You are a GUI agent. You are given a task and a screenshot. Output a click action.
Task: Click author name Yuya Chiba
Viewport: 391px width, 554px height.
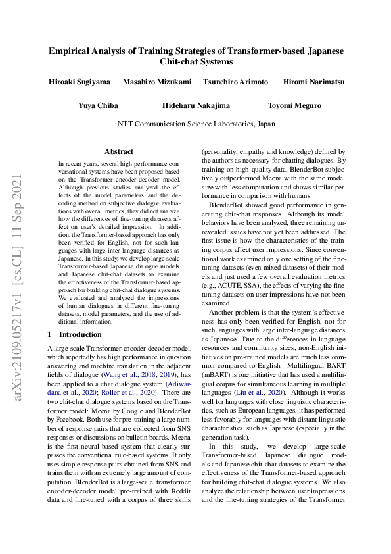pos(98,105)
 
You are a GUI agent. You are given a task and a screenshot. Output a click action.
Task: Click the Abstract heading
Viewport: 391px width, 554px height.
pos(118,151)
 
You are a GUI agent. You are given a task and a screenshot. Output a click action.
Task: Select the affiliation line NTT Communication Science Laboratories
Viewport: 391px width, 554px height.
pos(196,124)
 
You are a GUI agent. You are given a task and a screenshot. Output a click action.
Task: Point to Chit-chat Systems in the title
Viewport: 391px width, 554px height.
pos(196,62)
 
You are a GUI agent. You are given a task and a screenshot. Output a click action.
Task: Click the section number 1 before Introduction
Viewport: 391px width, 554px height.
pos(51,334)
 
